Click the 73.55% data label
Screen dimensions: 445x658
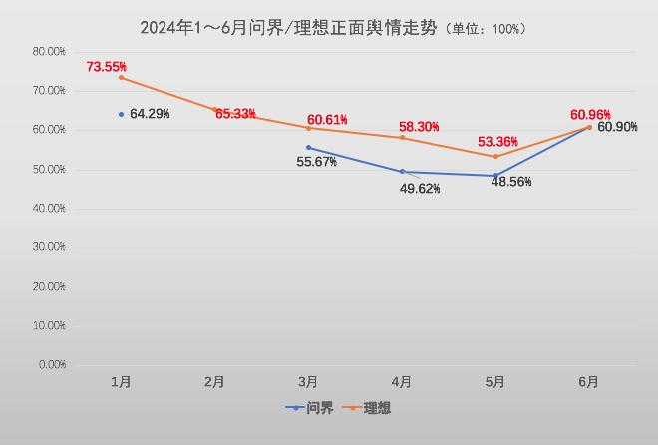(x=107, y=67)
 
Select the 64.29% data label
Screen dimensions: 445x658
(x=150, y=114)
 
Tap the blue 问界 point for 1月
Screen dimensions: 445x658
(x=121, y=114)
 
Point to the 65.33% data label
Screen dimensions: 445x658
(x=235, y=114)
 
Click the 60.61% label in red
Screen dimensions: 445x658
(x=327, y=120)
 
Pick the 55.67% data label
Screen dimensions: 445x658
(x=316, y=162)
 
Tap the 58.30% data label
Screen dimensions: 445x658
(x=419, y=127)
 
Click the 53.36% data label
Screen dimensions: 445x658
(x=499, y=142)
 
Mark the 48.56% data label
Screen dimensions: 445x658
(x=511, y=182)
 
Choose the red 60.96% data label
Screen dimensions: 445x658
(x=590, y=114)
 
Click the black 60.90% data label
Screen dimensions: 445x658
(x=618, y=129)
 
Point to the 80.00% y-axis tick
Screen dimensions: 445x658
(x=49, y=51)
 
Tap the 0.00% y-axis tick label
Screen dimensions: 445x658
(x=52, y=365)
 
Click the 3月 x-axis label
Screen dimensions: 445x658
(x=308, y=381)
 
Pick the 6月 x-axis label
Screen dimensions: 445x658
(x=589, y=381)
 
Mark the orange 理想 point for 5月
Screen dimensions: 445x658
(x=495, y=156)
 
